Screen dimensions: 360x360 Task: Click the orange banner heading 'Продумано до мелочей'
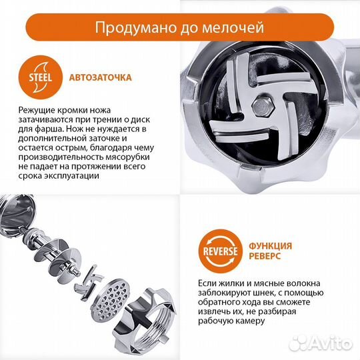(x=179, y=29)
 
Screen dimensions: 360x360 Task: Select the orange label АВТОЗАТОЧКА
(x=101, y=77)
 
